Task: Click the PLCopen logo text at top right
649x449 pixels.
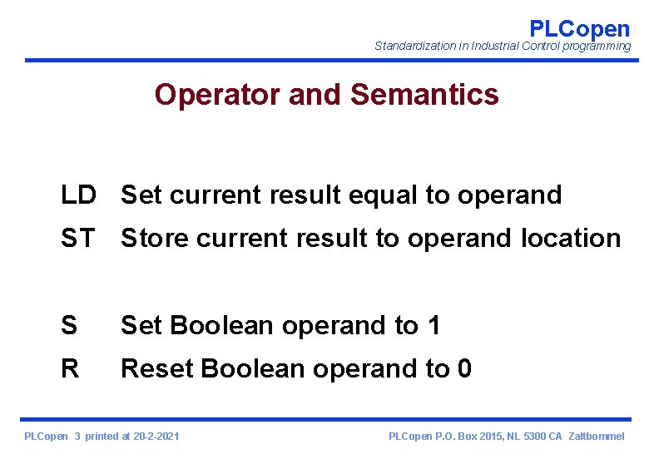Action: tap(580, 28)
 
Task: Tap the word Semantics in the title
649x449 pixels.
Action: tap(424, 95)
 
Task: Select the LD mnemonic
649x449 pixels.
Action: tap(78, 195)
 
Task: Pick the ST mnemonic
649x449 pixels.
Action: tap(77, 239)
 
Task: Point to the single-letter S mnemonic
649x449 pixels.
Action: tap(68, 325)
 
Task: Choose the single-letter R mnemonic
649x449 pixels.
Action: tap(69, 368)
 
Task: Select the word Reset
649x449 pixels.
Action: tap(157, 368)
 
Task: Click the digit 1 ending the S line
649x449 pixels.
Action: tap(433, 325)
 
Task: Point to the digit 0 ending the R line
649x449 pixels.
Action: tap(463, 368)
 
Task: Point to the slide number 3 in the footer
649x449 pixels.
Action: tap(77, 436)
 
